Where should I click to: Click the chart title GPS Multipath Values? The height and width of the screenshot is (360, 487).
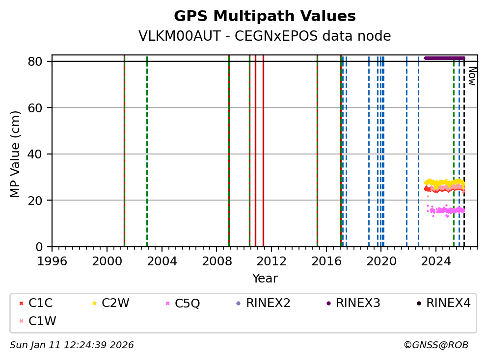tap(265, 16)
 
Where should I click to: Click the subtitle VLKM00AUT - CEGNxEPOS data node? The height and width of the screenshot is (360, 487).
tap(265, 36)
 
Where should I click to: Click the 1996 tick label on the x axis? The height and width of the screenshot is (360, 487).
tap(53, 260)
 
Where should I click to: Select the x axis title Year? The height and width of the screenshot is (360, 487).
tap(265, 279)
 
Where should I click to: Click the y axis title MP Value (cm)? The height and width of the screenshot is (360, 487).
tap(16, 154)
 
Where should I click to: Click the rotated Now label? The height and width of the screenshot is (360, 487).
tap(472, 76)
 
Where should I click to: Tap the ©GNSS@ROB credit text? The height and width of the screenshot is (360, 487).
tap(435, 345)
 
